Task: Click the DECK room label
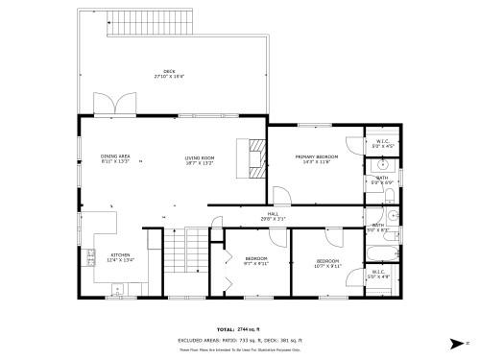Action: coord(169,73)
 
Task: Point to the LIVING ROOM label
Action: coord(200,159)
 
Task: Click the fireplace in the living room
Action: coord(255,158)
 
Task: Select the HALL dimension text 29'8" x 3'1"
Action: coord(274,219)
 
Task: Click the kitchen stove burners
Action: coord(90,256)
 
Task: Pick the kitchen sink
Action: coord(118,288)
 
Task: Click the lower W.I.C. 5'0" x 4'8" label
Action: coord(378,274)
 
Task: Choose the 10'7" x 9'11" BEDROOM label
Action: coord(329,263)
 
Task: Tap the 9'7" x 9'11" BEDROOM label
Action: coord(255,261)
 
